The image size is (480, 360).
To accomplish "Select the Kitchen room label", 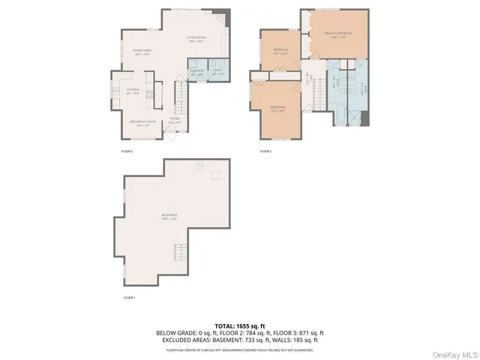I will tap(133, 91).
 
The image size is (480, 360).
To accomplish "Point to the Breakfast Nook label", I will tap(142, 124).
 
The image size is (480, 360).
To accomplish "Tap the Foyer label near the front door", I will tap(174, 120).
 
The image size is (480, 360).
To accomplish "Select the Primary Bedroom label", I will tap(338, 34).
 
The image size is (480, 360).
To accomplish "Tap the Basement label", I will tap(168, 217).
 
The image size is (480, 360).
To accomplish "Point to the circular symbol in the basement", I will tap(199, 164).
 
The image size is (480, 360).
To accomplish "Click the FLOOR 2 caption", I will tap(127, 151).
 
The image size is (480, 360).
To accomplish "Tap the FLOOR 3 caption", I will tap(265, 151).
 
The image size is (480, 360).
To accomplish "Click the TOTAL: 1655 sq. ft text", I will tap(239, 325).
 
